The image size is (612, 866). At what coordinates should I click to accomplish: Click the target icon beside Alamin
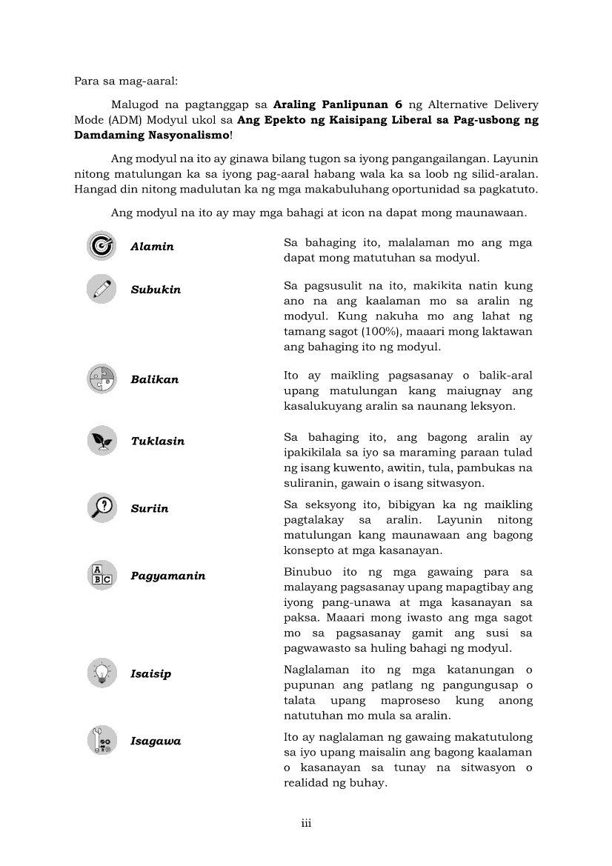pyautogui.click(x=101, y=246)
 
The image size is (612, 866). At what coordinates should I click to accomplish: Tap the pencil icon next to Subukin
pyautogui.click(x=101, y=289)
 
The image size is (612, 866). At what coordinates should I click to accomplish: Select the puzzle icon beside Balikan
pyautogui.click(x=101, y=379)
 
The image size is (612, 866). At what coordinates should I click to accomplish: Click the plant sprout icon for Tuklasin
pyautogui.click(x=101, y=441)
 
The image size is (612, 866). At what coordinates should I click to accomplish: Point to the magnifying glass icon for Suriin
pyautogui.click(x=101, y=508)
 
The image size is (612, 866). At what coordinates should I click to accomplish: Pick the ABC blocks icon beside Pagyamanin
pyautogui.click(x=101, y=576)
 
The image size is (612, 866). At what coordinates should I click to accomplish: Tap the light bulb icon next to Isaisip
pyautogui.click(x=101, y=673)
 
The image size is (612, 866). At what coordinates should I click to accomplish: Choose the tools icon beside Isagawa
pyautogui.click(x=101, y=741)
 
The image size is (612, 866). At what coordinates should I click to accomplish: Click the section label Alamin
pyautogui.click(x=152, y=247)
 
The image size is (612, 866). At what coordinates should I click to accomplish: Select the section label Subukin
pyautogui.click(x=156, y=290)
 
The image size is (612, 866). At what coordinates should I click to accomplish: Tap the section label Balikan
pyautogui.click(x=154, y=379)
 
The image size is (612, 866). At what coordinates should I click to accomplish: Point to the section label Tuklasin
pyautogui.click(x=157, y=441)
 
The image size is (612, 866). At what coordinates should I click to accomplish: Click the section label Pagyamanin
pyautogui.click(x=167, y=576)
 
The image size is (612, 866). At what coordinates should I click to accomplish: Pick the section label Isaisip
pyautogui.click(x=150, y=674)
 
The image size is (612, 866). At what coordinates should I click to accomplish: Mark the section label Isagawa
pyautogui.click(x=156, y=742)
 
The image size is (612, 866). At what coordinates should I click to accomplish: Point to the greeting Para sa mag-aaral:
pyautogui.click(x=121, y=81)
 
